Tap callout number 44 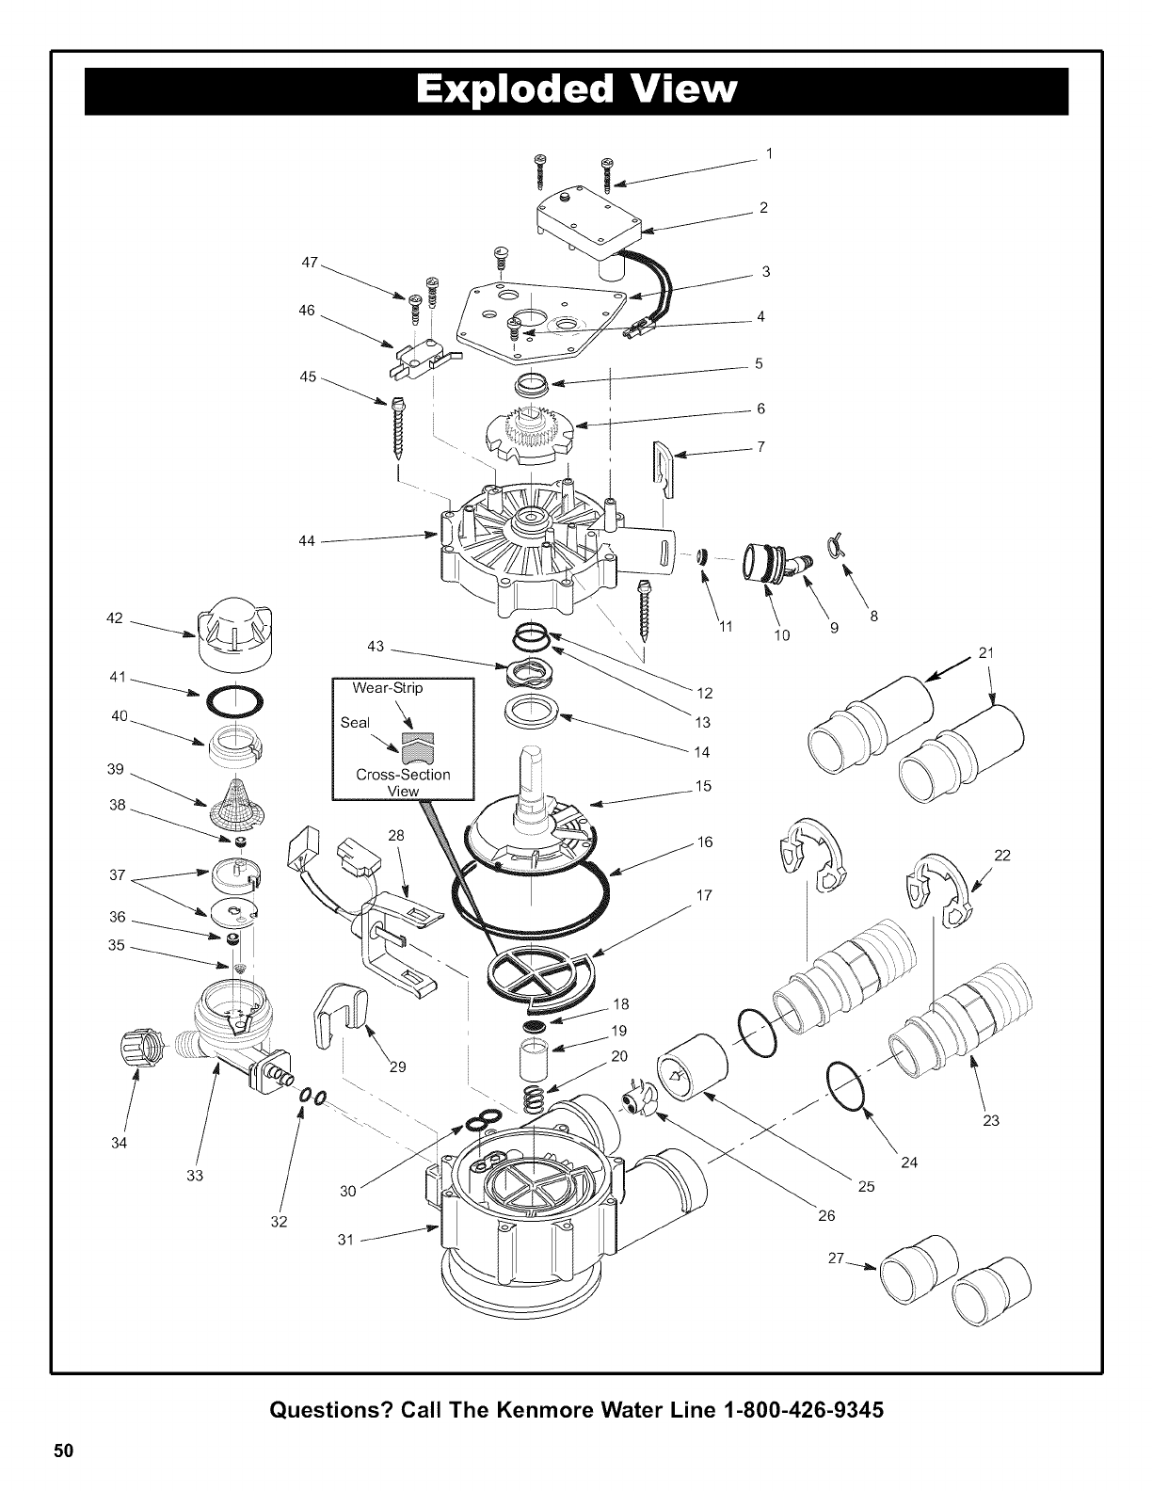[305, 541]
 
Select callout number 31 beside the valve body [345, 1240]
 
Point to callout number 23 [991, 1120]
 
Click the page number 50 [62, 1450]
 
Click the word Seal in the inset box [355, 723]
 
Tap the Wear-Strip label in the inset [388, 688]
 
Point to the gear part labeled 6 [530, 433]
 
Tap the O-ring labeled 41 [232, 702]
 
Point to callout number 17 [705, 895]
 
